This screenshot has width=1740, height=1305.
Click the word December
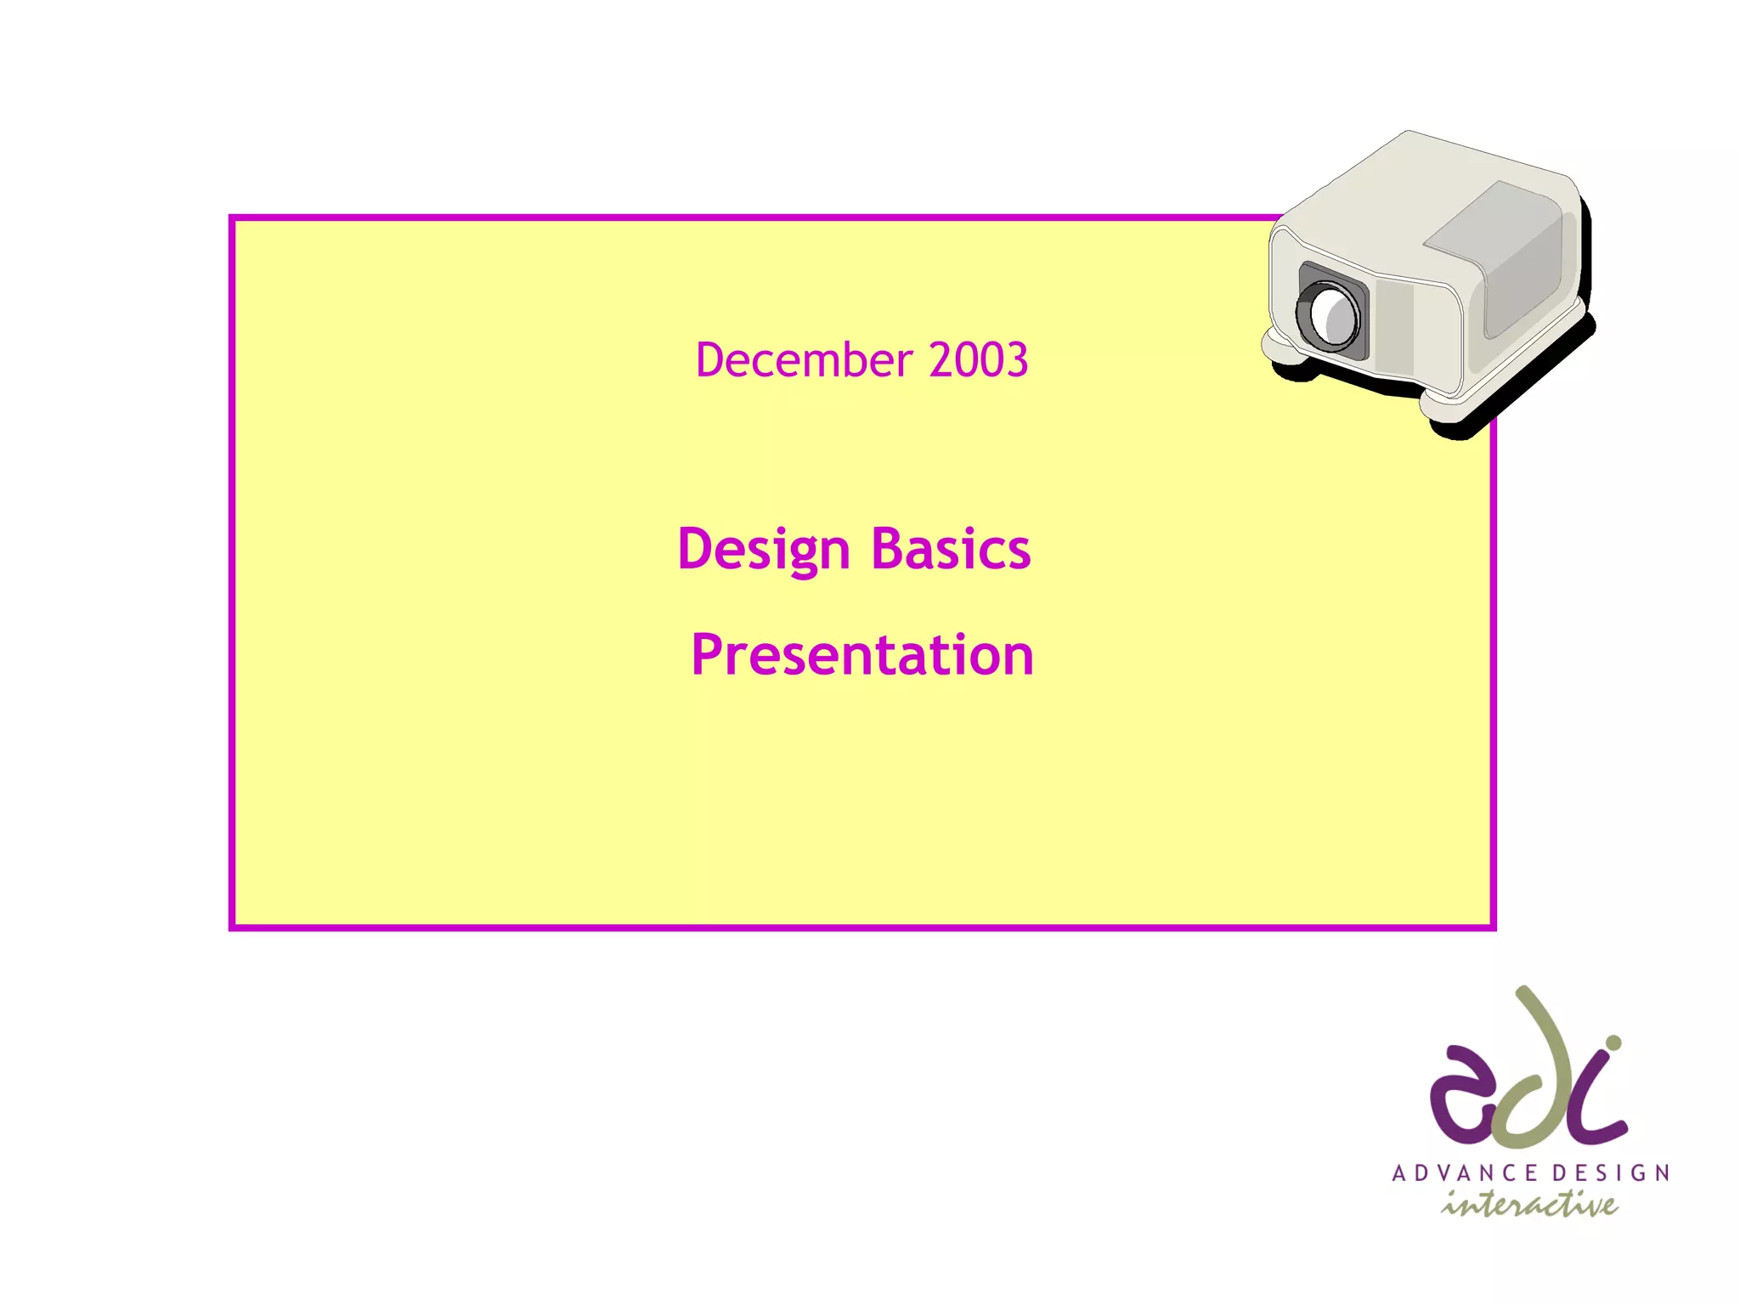(x=803, y=360)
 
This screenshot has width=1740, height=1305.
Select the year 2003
(x=978, y=360)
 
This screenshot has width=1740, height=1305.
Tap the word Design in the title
(x=763, y=550)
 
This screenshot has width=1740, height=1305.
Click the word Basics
(x=951, y=550)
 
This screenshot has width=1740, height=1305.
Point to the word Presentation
(x=862, y=655)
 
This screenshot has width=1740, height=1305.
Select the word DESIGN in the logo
(x=1611, y=1173)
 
